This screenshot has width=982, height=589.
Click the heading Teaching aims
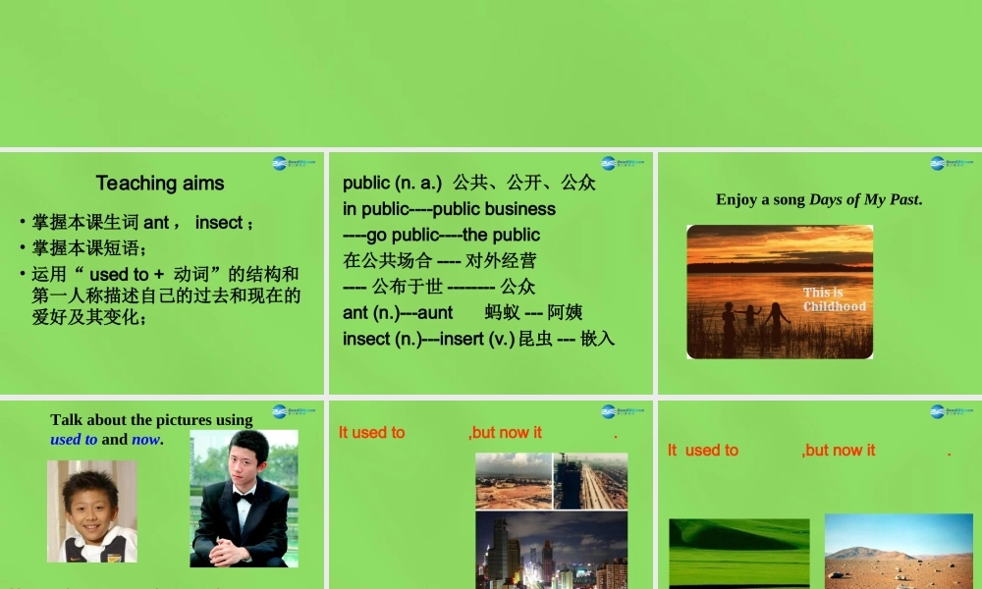(160, 184)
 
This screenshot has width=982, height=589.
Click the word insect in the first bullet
(218, 223)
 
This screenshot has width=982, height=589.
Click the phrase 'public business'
(494, 209)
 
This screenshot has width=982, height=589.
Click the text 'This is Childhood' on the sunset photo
(835, 299)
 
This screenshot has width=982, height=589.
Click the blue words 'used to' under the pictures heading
(74, 440)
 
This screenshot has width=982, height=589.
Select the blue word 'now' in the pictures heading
(145, 440)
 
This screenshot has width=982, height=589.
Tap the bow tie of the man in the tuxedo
(243, 498)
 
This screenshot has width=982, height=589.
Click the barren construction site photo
(513, 481)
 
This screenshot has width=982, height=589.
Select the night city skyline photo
(551, 550)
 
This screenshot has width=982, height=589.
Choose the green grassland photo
(738, 553)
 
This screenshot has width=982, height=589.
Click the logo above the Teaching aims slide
(293, 163)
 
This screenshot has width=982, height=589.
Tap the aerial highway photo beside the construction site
(590, 481)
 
